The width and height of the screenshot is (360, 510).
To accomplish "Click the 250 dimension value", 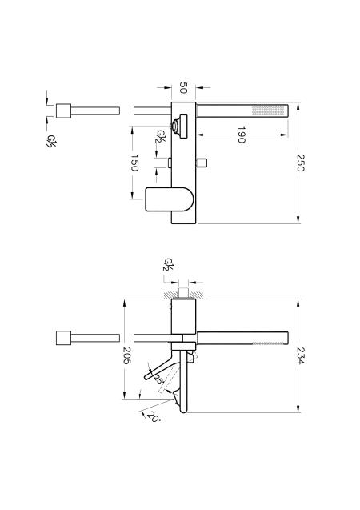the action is [x=300, y=163].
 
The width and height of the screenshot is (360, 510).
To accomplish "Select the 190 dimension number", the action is [x=241, y=135].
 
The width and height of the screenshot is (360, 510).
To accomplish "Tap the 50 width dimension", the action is [x=183, y=87].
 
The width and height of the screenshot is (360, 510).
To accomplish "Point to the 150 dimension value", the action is [x=134, y=163].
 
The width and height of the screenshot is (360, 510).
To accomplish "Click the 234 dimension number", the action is [x=300, y=355].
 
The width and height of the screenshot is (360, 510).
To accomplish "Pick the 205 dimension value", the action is [x=126, y=355].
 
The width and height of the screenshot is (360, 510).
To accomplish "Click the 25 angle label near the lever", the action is [x=158, y=379].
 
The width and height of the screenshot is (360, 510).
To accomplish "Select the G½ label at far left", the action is [x=50, y=141].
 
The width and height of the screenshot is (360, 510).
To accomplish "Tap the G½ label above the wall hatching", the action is [x=169, y=265].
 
